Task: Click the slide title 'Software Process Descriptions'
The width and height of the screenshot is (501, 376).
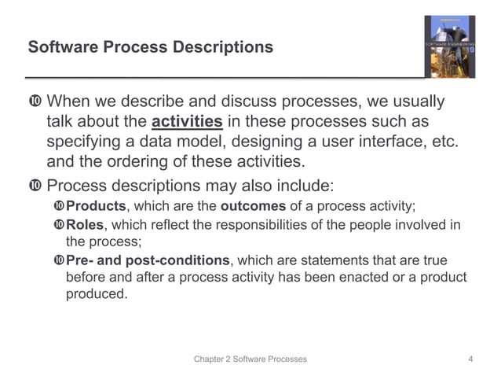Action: (x=151, y=47)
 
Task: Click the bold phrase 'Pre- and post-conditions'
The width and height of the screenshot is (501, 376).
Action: (x=148, y=261)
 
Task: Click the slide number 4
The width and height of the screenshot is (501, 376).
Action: (x=470, y=359)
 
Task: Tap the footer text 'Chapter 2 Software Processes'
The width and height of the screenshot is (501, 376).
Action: (x=251, y=359)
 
